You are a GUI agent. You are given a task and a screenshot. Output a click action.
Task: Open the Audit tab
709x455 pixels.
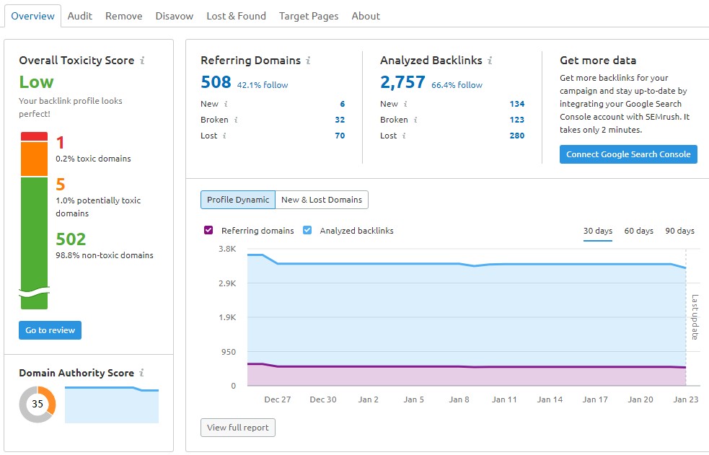[79, 16]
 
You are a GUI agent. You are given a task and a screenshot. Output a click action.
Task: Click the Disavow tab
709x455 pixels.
[174, 16]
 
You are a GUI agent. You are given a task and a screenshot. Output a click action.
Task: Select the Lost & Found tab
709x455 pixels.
[236, 16]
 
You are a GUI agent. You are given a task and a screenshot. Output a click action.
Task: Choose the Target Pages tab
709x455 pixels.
[309, 16]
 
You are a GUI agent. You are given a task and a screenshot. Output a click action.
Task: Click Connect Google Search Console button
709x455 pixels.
[628, 154]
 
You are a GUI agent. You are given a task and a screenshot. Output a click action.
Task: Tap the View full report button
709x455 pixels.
[237, 428]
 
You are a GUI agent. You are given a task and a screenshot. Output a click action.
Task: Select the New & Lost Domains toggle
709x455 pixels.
[322, 200]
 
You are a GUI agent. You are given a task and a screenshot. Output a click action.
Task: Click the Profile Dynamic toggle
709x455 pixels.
[238, 200]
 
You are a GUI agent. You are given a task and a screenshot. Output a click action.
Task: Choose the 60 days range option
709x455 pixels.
[638, 231]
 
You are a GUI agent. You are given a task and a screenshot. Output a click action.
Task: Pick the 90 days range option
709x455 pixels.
[679, 231]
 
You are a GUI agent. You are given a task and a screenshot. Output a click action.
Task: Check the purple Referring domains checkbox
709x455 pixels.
[208, 231]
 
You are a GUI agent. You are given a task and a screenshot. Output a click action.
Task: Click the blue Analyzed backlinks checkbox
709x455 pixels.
[307, 231]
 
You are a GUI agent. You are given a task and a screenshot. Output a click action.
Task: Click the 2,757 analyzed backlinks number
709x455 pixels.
[402, 82]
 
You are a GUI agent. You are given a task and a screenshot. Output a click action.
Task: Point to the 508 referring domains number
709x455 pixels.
[216, 82]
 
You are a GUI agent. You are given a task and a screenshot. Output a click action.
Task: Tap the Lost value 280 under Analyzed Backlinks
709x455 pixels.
[516, 136]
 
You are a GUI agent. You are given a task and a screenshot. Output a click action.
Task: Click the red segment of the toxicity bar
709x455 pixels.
[34, 136]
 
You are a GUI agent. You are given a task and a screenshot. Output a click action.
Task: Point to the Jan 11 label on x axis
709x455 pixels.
[504, 399]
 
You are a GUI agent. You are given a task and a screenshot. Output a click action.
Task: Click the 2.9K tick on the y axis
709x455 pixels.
[226, 283]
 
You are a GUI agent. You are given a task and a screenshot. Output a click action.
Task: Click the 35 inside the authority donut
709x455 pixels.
[37, 404]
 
